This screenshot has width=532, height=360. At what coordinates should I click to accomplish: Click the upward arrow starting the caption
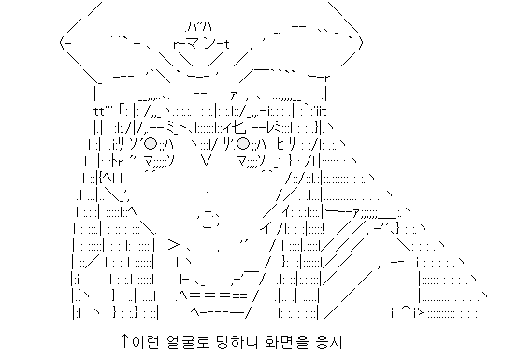(125, 342)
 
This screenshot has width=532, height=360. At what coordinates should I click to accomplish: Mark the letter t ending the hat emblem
(228, 43)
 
